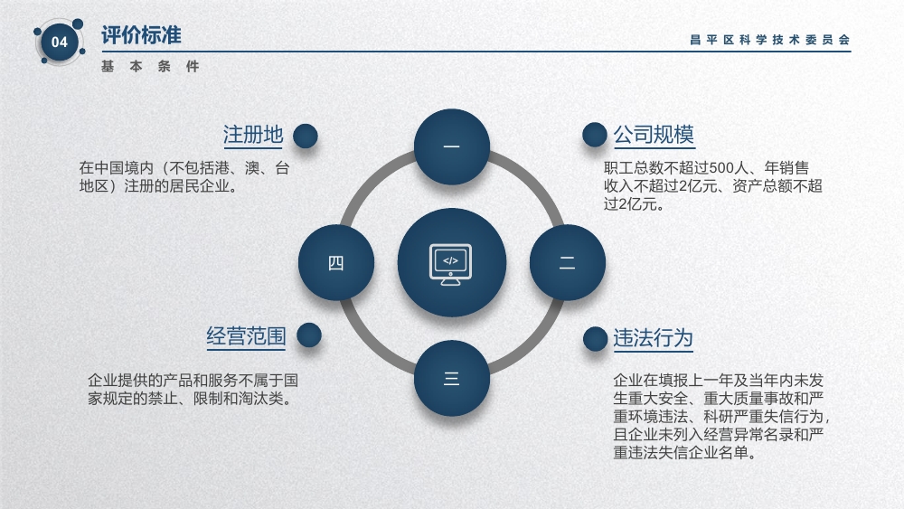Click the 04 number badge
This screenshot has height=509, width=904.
[60, 42]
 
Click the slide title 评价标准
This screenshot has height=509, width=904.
[141, 35]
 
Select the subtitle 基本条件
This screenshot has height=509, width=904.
[150, 67]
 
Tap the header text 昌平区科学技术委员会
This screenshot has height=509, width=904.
[769, 40]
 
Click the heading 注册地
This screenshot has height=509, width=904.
[253, 135]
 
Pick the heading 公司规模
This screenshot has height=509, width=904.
[654, 135]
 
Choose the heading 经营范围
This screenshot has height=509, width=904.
[246, 336]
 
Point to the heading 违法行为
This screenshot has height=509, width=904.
[653, 338]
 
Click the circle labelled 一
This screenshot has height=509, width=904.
[452, 147]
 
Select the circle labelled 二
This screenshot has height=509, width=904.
[568, 263]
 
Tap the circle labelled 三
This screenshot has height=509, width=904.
[452, 378]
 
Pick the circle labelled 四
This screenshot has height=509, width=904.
[336, 263]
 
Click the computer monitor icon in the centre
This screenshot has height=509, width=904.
[450, 264]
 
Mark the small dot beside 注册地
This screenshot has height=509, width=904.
[305, 136]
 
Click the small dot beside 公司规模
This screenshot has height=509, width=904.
[595, 135]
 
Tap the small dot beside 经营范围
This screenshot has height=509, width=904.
[308, 335]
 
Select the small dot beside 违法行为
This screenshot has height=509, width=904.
[595, 339]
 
